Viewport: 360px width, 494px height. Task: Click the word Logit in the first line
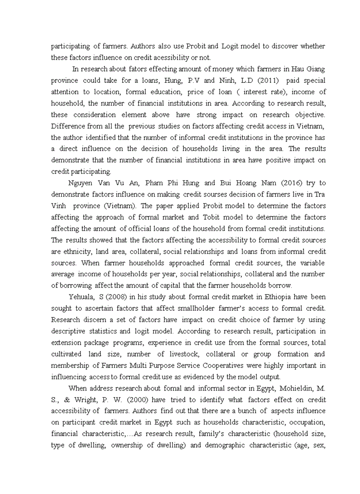tap(231, 46)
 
